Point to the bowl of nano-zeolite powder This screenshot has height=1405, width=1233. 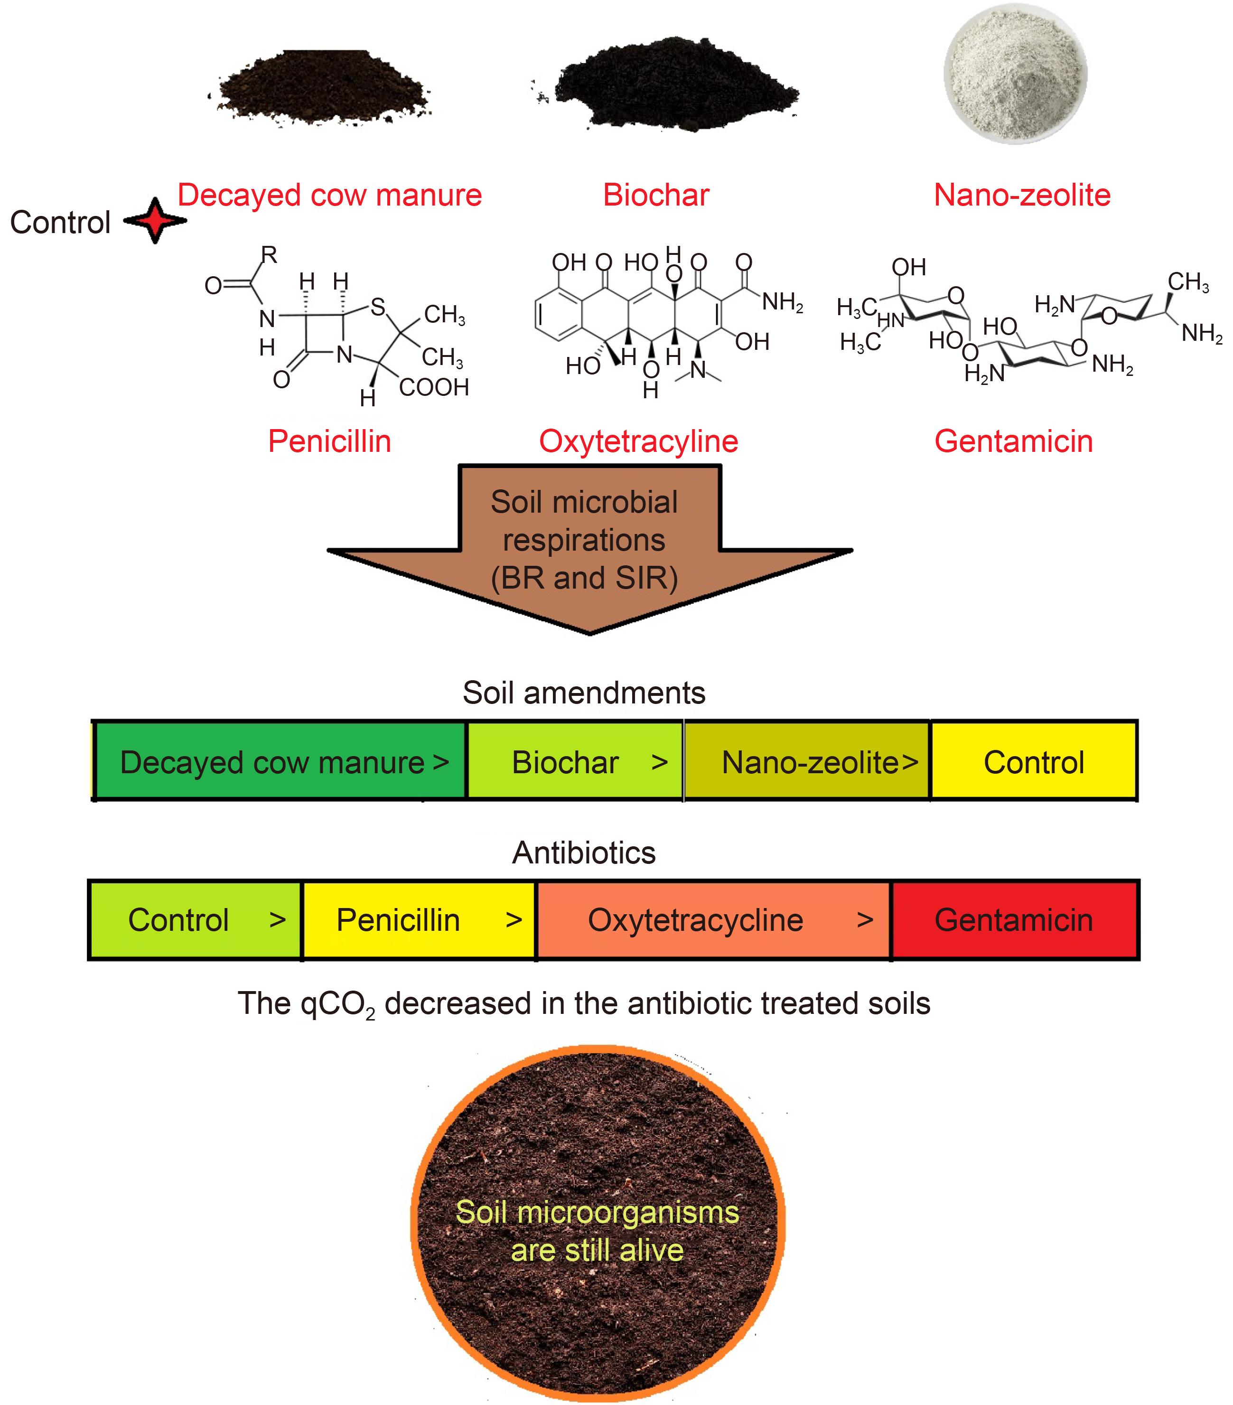(x=1015, y=74)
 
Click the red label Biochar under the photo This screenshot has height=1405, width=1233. (x=656, y=195)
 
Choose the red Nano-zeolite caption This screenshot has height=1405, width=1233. (x=1021, y=195)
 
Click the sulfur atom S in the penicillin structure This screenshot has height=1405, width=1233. (x=377, y=307)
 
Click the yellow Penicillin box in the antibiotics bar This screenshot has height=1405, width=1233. (x=418, y=920)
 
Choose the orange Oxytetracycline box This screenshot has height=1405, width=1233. (x=713, y=920)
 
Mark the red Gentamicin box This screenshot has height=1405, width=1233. (x=1014, y=920)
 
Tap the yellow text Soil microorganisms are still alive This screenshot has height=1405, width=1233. (x=597, y=1231)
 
